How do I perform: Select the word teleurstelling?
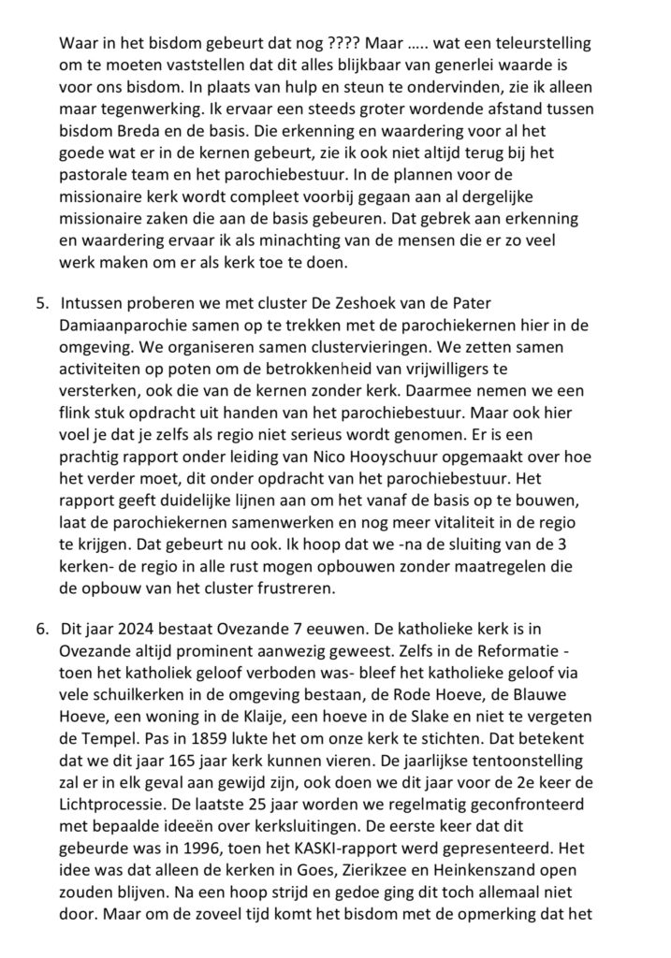(537, 43)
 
